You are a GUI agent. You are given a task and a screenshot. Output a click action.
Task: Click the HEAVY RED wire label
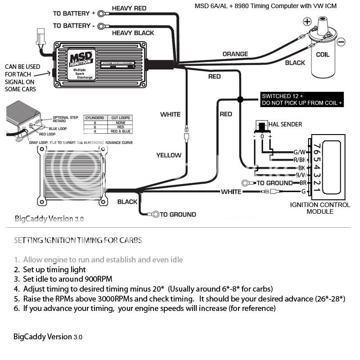(129, 9)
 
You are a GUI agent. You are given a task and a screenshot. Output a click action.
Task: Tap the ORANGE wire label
(235, 54)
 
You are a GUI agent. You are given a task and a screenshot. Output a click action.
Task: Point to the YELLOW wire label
(169, 155)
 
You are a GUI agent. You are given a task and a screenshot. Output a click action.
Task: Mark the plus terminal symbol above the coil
(307, 22)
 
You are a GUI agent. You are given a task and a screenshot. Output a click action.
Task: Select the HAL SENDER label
(285, 124)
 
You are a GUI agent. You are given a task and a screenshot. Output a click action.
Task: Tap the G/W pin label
(300, 152)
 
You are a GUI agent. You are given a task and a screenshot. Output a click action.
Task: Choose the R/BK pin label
(299, 160)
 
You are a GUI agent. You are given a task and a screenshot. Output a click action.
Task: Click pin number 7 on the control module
(317, 147)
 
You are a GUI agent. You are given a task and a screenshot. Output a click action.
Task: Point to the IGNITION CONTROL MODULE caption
(320, 208)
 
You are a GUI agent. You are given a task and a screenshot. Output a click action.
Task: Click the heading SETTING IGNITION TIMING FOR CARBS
(78, 240)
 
